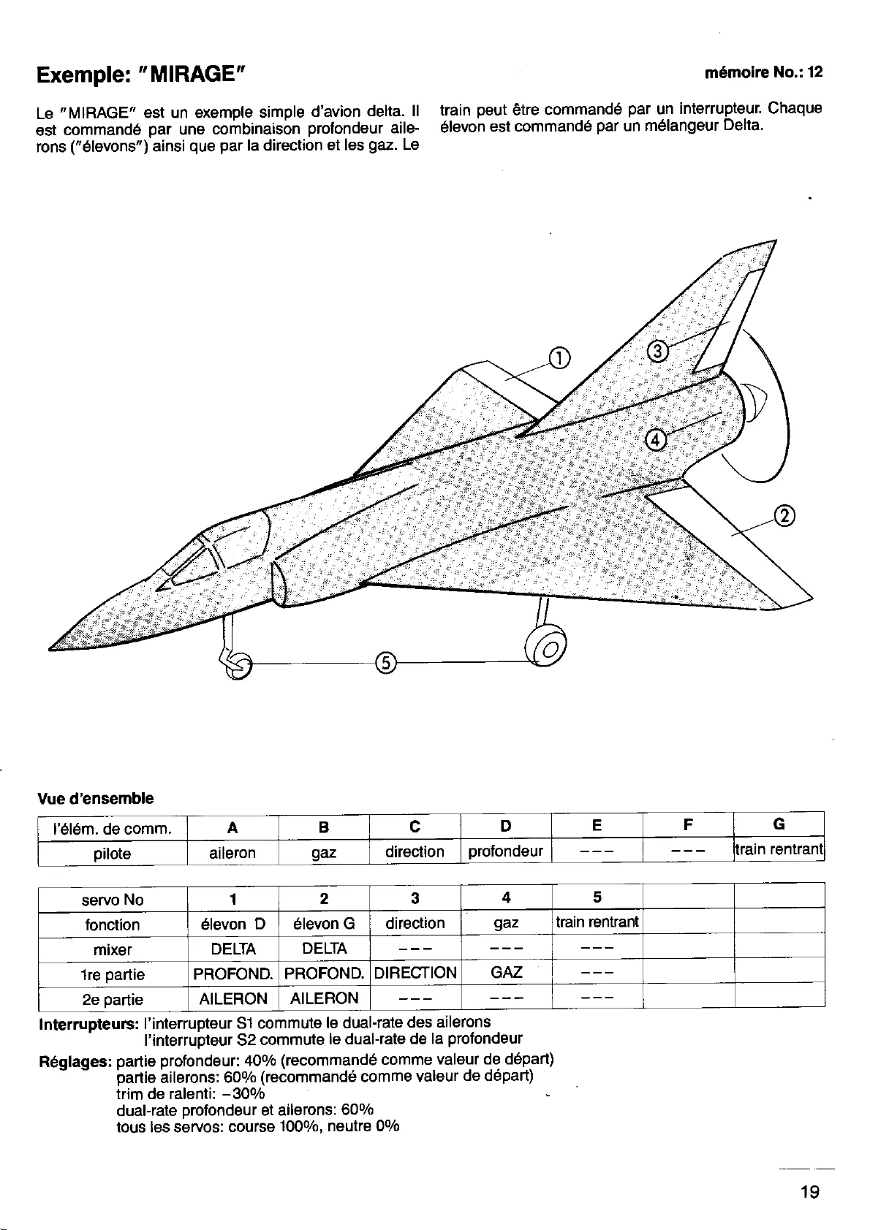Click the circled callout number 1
tap(559, 358)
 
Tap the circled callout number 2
tap(784, 516)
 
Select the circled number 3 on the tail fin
tap(658, 352)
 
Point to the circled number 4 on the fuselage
tap(656, 439)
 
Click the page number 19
tap(809, 1192)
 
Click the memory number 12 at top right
tap(815, 73)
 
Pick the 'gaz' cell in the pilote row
tap(324, 853)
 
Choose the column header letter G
tap(779, 825)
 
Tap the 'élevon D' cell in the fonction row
tap(233, 924)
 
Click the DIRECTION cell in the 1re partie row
tap(415, 973)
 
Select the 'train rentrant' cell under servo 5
tap(597, 922)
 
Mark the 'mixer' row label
tap(113, 950)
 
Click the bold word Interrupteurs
tap(88, 1022)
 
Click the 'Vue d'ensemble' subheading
tap(95, 798)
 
